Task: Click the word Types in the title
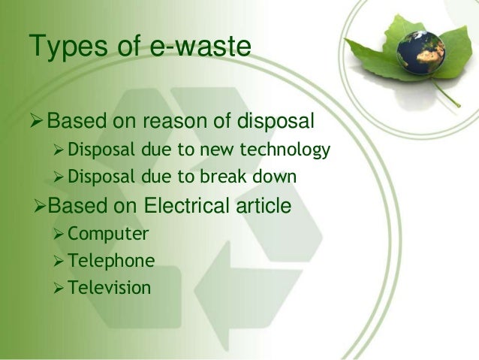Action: click(x=65, y=47)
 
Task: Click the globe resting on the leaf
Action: click(x=420, y=51)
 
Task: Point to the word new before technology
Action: click(x=226, y=151)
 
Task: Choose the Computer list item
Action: click(x=107, y=234)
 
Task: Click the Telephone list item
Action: click(x=111, y=261)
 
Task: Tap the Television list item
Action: click(x=109, y=287)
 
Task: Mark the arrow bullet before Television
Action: click(x=59, y=288)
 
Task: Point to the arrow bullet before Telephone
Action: click(x=59, y=262)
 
